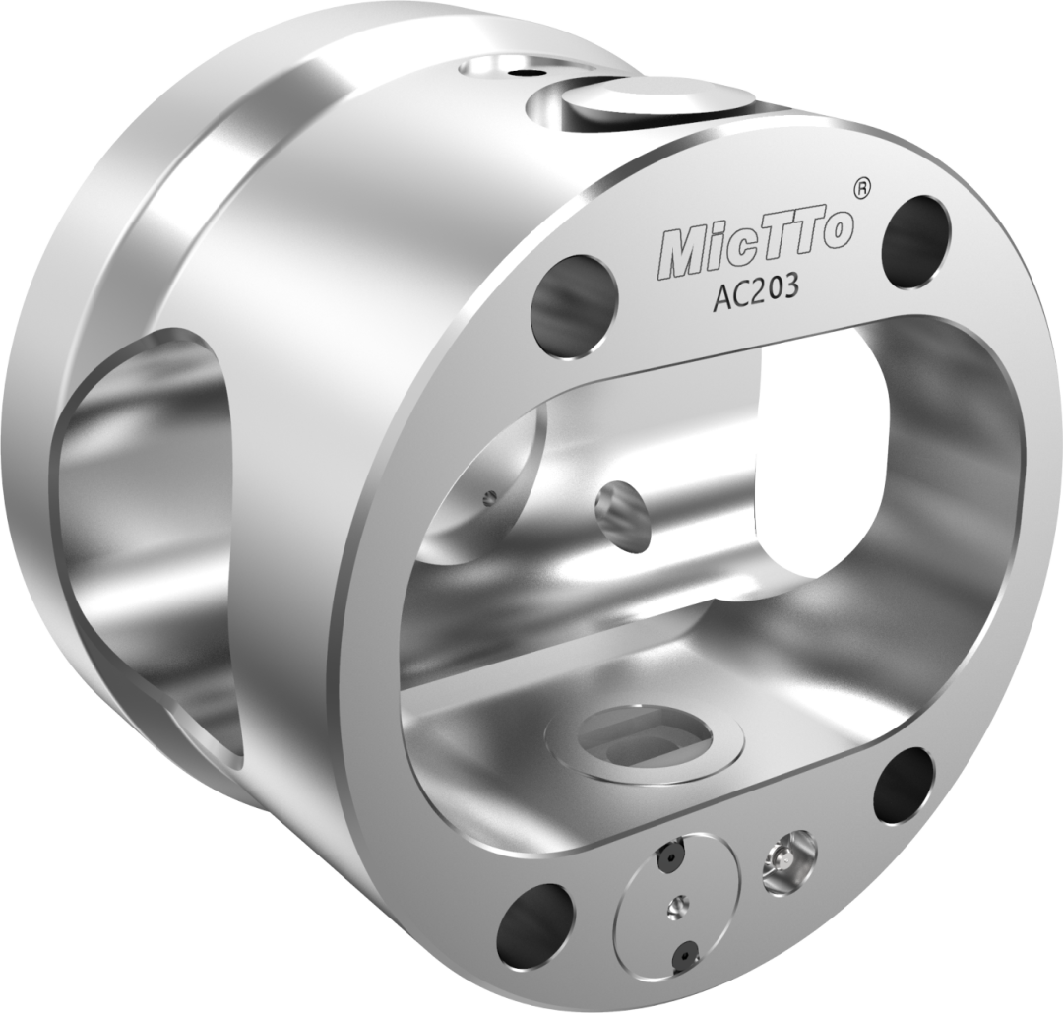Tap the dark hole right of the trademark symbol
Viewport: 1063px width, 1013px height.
pyautogui.click(x=916, y=243)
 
